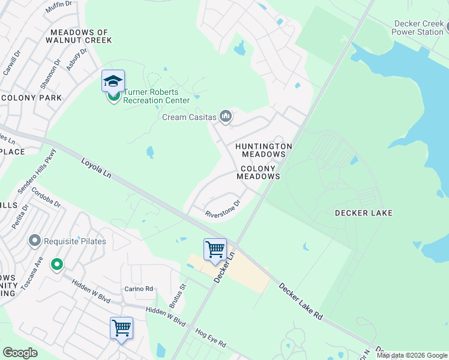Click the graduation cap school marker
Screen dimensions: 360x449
tap(113, 82)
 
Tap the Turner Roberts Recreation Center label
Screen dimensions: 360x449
tap(156, 97)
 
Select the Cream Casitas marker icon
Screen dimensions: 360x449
tap(226, 116)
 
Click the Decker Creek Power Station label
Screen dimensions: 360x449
tap(418, 28)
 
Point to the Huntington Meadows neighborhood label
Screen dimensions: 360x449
tap(264, 150)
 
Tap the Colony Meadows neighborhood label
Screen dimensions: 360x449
tap(258, 173)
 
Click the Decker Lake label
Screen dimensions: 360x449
tap(363, 213)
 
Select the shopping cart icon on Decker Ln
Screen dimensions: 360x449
tap(215, 249)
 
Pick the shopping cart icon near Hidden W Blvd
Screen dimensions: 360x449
tap(121, 328)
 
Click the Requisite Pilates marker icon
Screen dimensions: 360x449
tap(35, 241)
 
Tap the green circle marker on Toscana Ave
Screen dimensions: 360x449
tap(57, 263)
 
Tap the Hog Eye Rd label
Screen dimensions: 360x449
tap(210, 337)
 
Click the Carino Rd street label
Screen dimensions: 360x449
tap(139, 289)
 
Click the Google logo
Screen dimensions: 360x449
tap(20, 353)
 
